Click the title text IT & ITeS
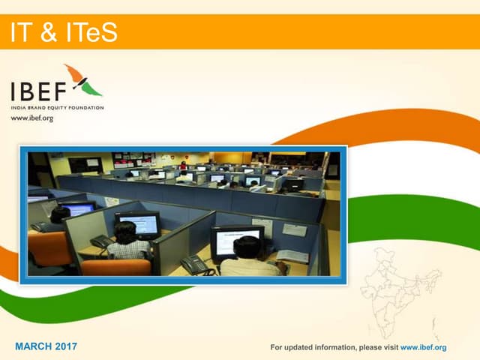pos(64,32)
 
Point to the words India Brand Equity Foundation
pos(57,108)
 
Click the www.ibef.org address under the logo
pos(31,118)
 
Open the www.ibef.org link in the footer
pos(424,347)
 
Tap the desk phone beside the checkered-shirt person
pos(100,241)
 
